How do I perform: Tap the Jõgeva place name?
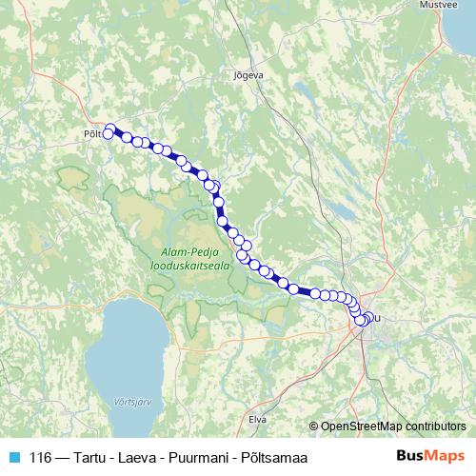247,73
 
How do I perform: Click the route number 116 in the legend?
41,456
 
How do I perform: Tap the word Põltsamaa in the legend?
277,456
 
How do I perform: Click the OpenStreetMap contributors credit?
392,426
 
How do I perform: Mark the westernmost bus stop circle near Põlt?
108,134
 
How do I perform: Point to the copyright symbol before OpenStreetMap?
314,426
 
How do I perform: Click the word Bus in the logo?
410,455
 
